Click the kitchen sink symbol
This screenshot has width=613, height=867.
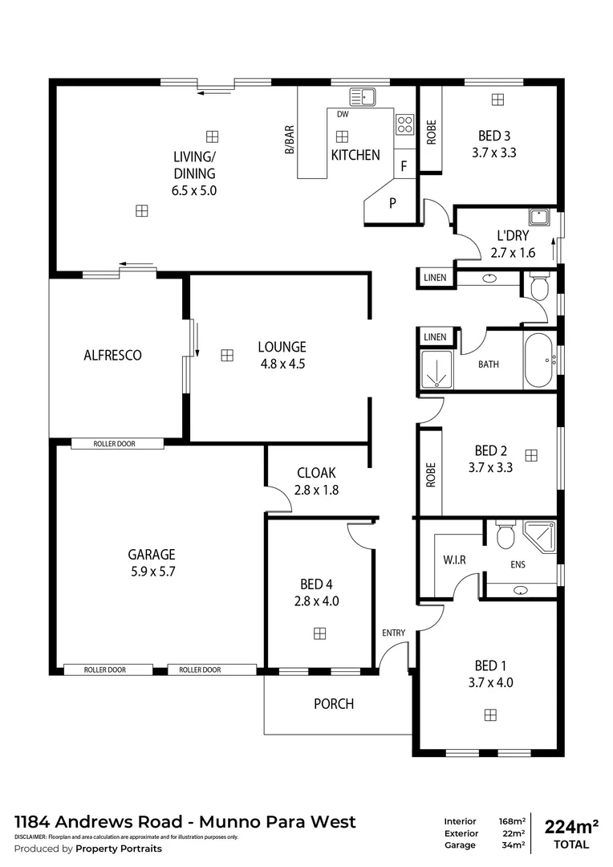pos(363,97)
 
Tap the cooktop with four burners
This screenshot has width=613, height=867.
pos(404,124)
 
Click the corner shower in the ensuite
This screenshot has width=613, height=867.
pos(539,535)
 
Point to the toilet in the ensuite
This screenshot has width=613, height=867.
pos(505,535)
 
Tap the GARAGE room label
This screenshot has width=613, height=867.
pos(151,555)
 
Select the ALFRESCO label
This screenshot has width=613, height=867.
pos(112,355)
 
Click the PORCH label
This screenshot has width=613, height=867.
pos(333,704)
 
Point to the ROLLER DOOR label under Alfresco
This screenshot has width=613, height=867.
pos(117,443)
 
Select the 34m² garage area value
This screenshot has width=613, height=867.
pos(514,845)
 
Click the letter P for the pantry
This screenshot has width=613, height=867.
pos(392,203)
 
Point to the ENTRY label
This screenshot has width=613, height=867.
pos(393,633)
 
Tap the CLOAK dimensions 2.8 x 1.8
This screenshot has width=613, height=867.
pos(317,490)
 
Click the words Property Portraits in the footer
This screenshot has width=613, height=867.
pos(119,849)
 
